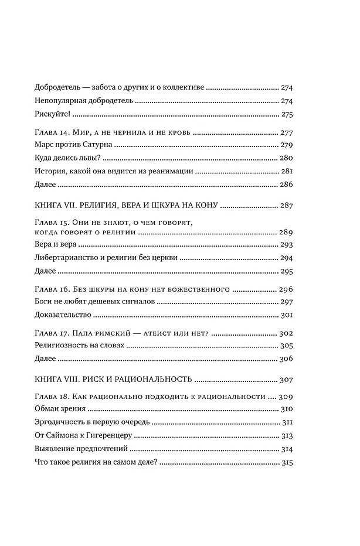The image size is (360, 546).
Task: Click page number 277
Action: pos(287,132)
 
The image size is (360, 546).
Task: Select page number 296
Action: pos(287,289)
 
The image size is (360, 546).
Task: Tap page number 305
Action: pos(287,346)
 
